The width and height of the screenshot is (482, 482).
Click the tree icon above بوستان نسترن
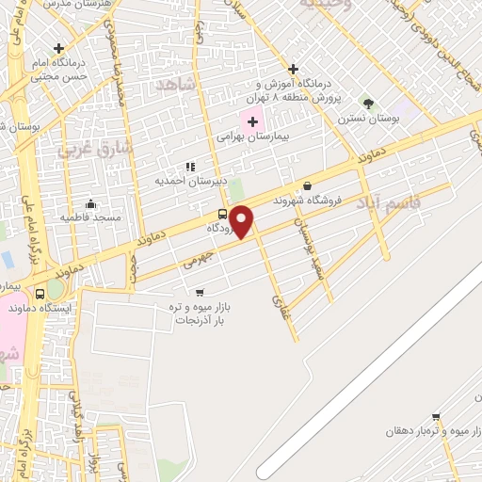pyautogui.click(x=368, y=104)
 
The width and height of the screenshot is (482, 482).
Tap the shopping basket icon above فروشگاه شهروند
pyautogui.click(x=308, y=185)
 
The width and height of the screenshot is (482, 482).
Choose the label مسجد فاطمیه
pyautogui.click(x=91, y=217)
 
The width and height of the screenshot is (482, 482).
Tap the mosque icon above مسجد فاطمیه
pyautogui.click(x=91, y=203)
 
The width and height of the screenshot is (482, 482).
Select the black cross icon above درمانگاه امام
pyautogui.click(x=59, y=48)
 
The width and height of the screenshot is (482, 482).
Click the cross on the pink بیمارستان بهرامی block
pyautogui.click(x=252, y=120)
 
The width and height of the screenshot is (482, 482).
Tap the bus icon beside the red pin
pyautogui.click(x=222, y=213)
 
